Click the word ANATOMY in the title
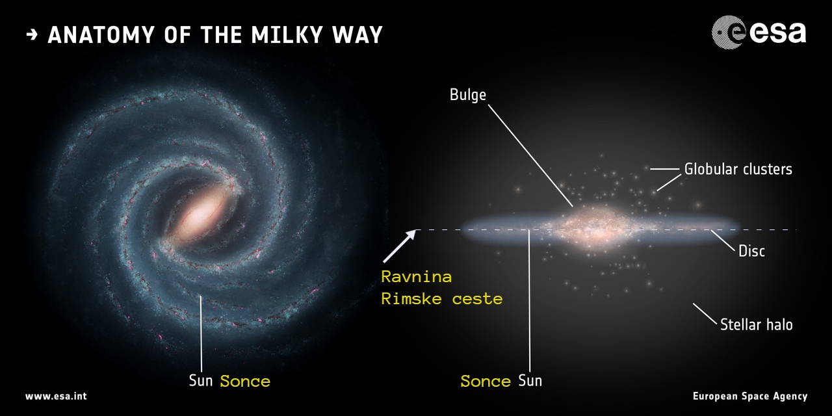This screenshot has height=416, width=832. [101, 35]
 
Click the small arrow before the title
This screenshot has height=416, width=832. [32, 35]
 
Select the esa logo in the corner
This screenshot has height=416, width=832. [759, 32]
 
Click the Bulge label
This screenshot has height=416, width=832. [467, 95]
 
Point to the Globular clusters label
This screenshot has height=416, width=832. [738, 170]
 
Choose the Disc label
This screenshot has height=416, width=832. [751, 252]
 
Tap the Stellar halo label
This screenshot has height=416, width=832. [756, 325]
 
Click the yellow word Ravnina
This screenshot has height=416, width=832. [417, 277]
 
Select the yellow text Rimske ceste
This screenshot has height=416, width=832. [442, 299]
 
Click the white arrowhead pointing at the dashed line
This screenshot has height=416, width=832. [410, 235]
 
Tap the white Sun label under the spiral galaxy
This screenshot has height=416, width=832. [201, 381]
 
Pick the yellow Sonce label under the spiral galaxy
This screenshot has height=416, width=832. [245, 382]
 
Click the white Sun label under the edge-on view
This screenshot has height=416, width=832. [530, 381]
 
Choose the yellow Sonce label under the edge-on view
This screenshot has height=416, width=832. [486, 382]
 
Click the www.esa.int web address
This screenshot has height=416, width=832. [56, 396]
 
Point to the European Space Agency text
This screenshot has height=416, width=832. [750, 396]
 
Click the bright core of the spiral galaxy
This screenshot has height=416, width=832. [201, 215]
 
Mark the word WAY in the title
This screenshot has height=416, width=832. [357, 35]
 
